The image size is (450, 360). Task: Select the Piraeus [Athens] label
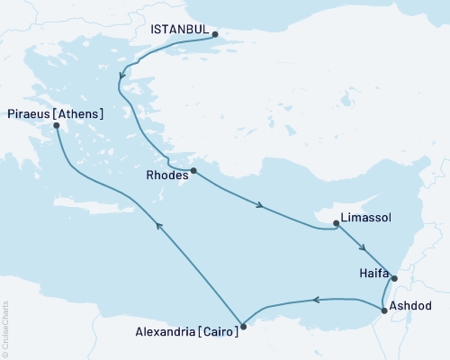54,113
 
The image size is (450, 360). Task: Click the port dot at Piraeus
56,127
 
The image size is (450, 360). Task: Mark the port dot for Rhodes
193,170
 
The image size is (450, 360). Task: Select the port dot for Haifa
393,278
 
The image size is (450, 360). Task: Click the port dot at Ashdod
385,310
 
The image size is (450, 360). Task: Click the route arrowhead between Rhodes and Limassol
260,208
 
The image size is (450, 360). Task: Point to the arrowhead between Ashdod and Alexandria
316,301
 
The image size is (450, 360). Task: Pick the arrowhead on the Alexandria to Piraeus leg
158,226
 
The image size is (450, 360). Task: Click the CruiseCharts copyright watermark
5,328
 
